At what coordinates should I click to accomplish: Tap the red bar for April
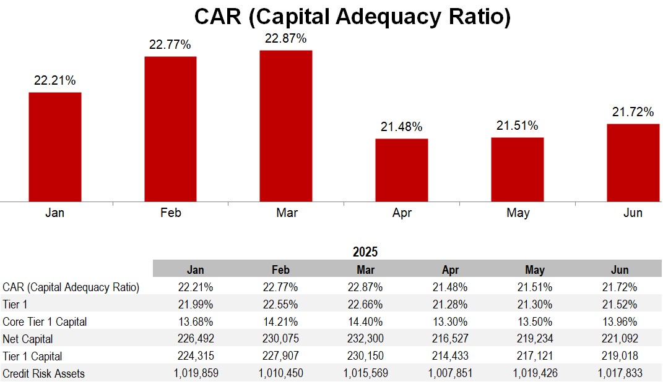click(402, 170)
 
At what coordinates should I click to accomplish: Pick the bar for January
click(55, 146)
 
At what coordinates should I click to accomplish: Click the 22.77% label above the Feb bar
click(170, 45)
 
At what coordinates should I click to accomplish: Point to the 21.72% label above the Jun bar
click(633, 112)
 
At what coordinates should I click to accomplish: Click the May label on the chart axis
click(518, 213)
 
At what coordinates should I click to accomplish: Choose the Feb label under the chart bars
click(170, 213)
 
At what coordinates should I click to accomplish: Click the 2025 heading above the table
click(365, 252)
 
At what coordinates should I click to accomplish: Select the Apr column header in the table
click(450, 270)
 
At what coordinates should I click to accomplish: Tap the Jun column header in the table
click(620, 270)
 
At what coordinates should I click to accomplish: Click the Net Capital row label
click(28, 339)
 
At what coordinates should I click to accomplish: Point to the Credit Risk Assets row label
click(43, 373)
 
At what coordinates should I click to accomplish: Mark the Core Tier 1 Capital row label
click(45, 321)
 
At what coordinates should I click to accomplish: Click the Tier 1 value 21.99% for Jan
click(196, 304)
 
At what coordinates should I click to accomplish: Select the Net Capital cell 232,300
click(365, 339)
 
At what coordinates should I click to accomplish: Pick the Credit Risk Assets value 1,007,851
click(450, 373)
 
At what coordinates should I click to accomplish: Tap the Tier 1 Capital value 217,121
click(535, 356)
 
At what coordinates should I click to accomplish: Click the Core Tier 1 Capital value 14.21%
click(280, 321)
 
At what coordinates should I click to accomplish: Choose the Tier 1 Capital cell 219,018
click(620, 356)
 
